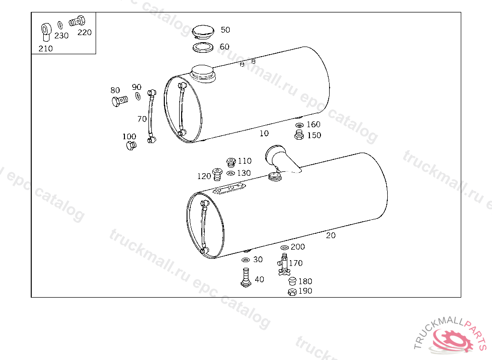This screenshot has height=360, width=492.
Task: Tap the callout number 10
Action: point(264,133)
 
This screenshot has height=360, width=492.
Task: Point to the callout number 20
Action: point(331,235)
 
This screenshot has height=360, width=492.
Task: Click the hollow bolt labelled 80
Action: point(120,101)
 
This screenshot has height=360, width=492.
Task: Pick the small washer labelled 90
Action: point(138,96)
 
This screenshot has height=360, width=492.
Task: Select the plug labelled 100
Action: point(131,145)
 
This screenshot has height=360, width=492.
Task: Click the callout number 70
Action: point(142,119)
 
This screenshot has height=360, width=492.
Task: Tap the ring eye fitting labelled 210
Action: point(46,32)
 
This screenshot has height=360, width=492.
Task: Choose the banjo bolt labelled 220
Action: point(77,21)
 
